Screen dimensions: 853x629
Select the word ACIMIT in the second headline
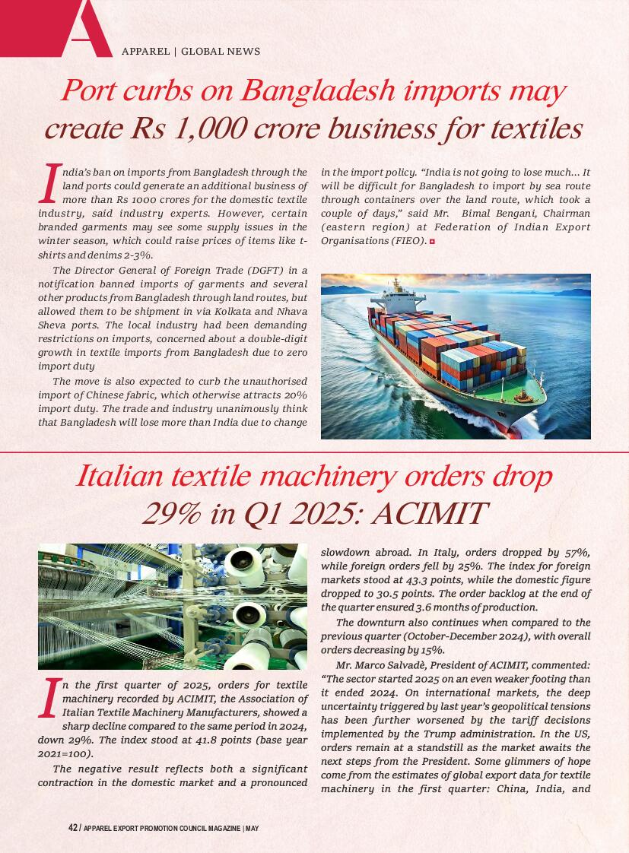click(x=430, y=514)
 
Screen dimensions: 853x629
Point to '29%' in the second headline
click(x=172, y=514)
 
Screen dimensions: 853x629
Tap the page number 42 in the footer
click(x=72, y=828)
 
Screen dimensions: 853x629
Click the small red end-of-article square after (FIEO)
click(x=432, y=241)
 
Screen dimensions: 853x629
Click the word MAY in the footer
click(x=252, y=828)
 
